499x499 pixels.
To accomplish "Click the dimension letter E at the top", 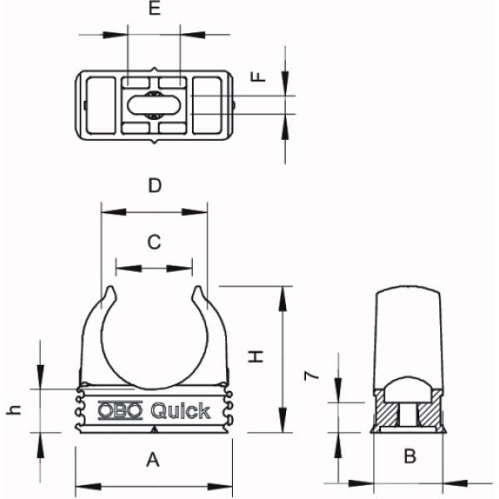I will click(153, 11).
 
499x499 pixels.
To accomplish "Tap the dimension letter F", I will click(259, 77).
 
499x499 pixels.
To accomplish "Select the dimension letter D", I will click(154, 185).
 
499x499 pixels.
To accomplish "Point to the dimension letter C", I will click(154, 242).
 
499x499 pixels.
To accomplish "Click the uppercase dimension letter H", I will click(258, 356).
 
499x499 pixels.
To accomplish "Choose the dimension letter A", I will click(153, 458).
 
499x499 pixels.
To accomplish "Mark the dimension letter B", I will click(409, 456).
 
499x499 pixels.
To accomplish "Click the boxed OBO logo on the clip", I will click(121, 410).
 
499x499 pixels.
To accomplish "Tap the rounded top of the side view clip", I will click(408, 294).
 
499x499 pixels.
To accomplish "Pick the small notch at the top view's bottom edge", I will click(154, 144).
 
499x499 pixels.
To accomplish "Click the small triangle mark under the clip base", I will click(155, 429).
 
